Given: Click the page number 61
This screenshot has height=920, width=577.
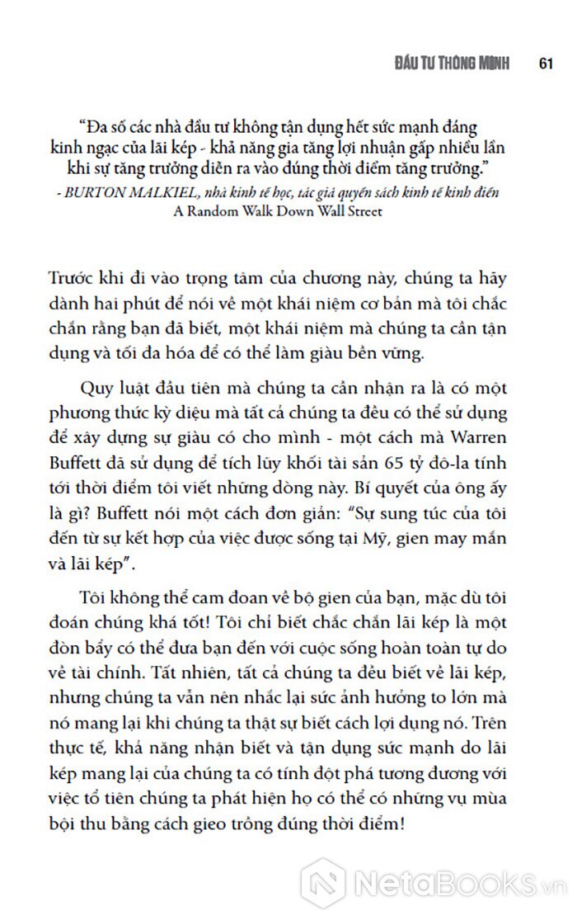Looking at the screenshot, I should coord(544,64).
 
